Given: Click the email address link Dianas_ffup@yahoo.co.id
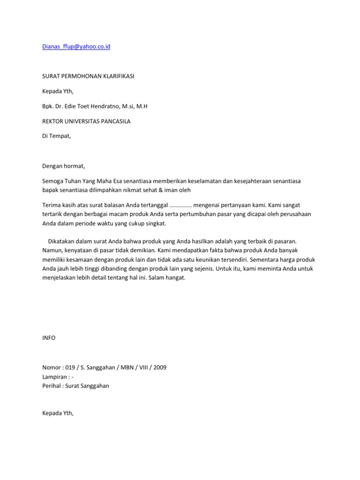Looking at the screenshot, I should pos(76,47).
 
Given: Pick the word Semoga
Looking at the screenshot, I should pos(53,181).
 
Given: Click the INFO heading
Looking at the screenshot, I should pos(49,337).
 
